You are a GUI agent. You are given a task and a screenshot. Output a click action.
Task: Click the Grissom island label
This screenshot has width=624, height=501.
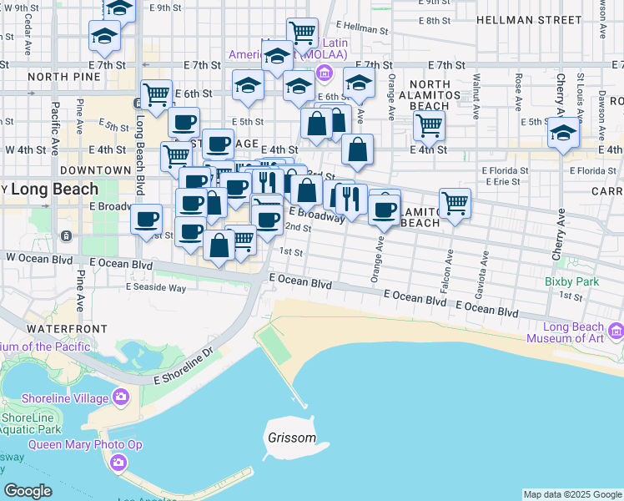click(292, 438)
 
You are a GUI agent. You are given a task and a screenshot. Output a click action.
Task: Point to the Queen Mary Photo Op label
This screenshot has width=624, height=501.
click(77, 444)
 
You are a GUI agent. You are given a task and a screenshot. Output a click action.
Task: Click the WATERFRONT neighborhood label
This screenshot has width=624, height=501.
click(57, 318)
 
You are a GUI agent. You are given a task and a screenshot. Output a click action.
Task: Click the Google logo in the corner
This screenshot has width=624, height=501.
click(28, 491)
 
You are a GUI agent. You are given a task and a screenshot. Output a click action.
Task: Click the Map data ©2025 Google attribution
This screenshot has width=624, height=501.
click(572, 494)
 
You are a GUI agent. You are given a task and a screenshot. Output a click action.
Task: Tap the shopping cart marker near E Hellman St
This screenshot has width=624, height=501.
click(302, 33)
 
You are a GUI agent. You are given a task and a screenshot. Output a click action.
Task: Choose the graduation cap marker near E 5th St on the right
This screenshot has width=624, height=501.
click(564, 132)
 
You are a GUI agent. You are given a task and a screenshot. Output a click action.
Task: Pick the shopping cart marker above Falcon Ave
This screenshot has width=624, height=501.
click(455, 201)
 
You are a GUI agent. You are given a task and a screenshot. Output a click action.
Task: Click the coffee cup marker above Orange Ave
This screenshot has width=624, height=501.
click(385, 210)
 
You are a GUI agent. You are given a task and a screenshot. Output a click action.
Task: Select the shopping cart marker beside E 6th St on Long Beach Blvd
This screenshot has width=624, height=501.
click(156, 94)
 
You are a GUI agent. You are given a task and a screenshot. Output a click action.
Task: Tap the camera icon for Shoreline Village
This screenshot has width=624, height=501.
click(122, 396)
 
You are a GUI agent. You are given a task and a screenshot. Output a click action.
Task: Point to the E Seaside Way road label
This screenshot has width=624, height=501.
click(155, 287)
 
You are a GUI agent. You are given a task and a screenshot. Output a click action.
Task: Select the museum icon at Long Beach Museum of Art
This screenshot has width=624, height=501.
click(616, 332)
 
